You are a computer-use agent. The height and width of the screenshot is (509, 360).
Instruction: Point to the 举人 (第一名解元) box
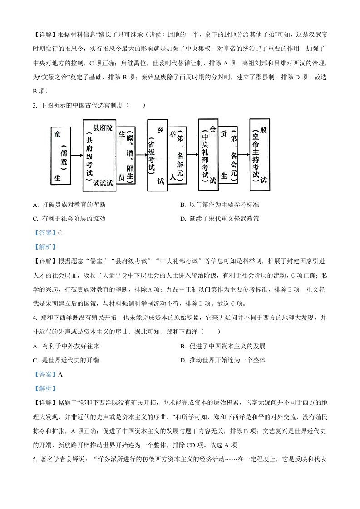point(178,155)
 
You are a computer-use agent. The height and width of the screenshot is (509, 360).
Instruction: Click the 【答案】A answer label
point(48,374)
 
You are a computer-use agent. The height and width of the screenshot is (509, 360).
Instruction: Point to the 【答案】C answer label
point(48,233)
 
